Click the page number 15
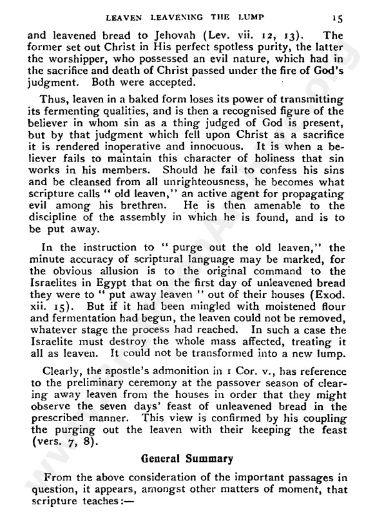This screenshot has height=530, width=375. [x=353, y=9]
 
